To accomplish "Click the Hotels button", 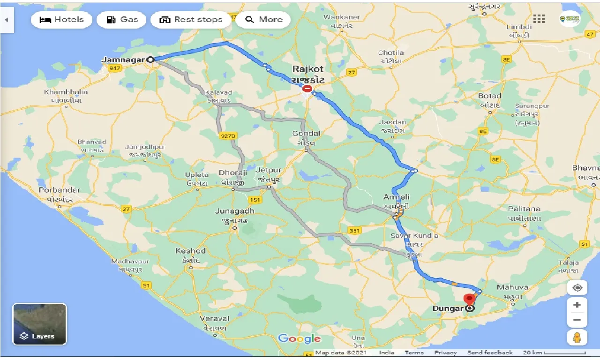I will click(61, 20).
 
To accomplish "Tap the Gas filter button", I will click(121, 20).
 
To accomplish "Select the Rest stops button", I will click(191, 20).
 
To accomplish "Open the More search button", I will click(263, 20).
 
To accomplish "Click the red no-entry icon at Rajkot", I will click(307, 88).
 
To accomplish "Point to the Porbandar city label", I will click(60, 190).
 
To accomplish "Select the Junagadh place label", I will click(234, 211).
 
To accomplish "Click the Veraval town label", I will click(215, 319).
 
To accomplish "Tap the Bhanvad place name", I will click(92, 142).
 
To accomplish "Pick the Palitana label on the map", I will click(524, 209).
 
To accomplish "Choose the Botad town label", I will click(490, 96).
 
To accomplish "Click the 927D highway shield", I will click(227, 135).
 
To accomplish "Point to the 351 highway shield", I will click(354, 230).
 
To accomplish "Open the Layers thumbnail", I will click(40, 324).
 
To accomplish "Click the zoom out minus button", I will click(577, 320).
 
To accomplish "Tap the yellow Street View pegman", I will click(577, 337).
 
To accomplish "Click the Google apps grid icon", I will click(539, 19).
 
